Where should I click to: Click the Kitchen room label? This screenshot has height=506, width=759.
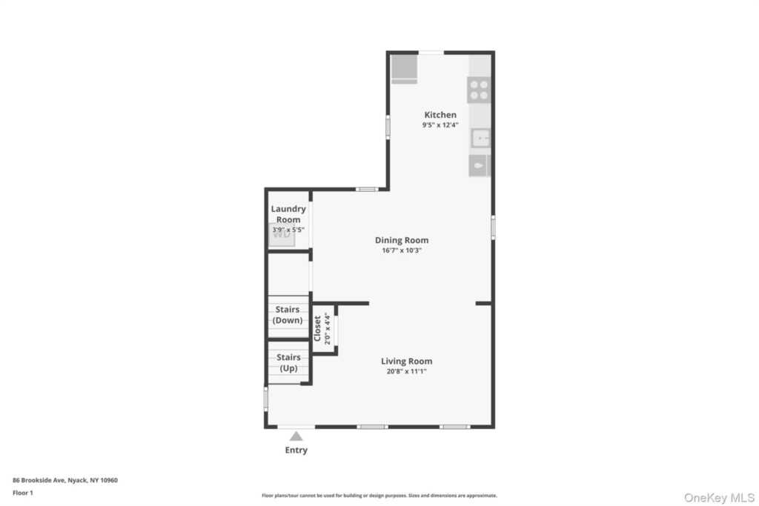[440, 115]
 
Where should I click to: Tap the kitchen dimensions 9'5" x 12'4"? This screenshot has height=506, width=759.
[440, 125]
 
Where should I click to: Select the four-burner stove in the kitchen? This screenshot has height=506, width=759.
[479, 90]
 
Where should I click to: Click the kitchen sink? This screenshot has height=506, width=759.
[481, 138]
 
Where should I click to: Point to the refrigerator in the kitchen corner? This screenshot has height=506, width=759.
[404, 67]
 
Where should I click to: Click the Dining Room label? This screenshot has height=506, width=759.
[401, 240]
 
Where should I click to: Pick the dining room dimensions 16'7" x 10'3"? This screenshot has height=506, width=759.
[401, 250]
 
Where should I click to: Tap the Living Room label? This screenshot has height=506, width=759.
[407, 361]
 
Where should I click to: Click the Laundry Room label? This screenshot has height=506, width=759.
[288, 214]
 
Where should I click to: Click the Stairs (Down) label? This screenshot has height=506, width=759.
[288, 315]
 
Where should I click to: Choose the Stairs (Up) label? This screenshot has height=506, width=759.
[288, 362]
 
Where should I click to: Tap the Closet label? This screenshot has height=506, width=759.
[317, 329]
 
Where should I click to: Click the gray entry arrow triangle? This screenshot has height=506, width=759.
[296, 436]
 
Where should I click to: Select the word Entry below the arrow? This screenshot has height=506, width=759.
[296, 450]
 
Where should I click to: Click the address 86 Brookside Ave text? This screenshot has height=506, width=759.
[65, 480]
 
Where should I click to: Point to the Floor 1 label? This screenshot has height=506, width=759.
[23, 492]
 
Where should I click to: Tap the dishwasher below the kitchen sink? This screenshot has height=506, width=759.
[479, 166]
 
